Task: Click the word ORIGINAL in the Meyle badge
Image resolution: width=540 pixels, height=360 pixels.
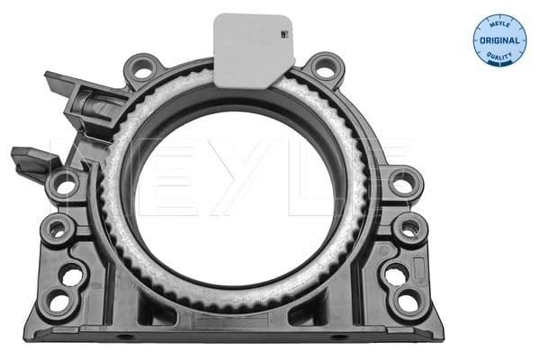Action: pyautogui.click(x=499, y=41)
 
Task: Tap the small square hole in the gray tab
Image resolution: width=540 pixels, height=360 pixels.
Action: pyautogui.click(x=283, y=35)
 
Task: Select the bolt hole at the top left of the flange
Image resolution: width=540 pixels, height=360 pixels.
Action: pyautogui.click(x=143, y=68)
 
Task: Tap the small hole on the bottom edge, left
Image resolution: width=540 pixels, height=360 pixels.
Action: pyautogui.click(x=125, y=337)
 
